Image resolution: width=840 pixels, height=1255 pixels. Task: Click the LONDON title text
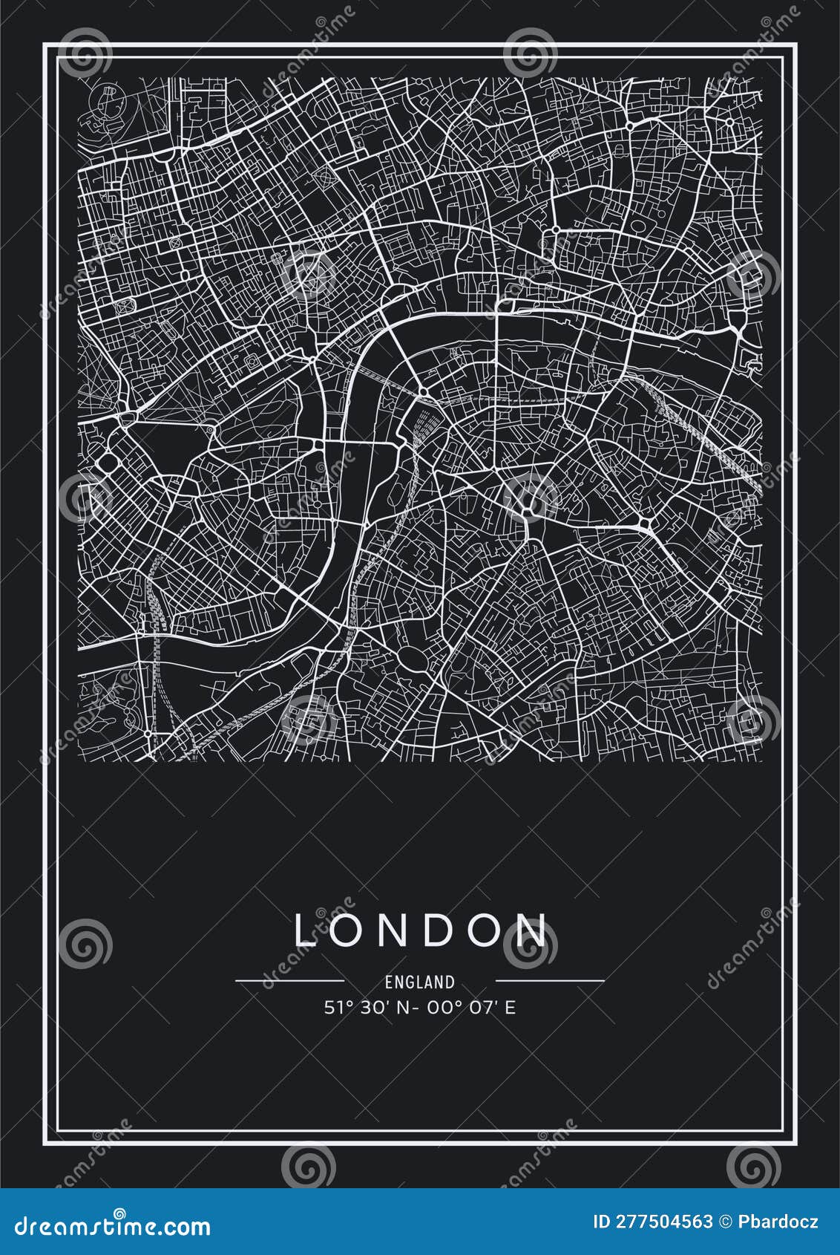421,930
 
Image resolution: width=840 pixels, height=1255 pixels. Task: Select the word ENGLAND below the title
419,982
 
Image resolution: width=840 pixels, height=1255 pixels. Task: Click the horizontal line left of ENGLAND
289,981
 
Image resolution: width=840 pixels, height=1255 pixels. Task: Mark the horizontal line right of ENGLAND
549,981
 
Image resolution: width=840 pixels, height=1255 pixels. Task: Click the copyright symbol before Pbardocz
728,1222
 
